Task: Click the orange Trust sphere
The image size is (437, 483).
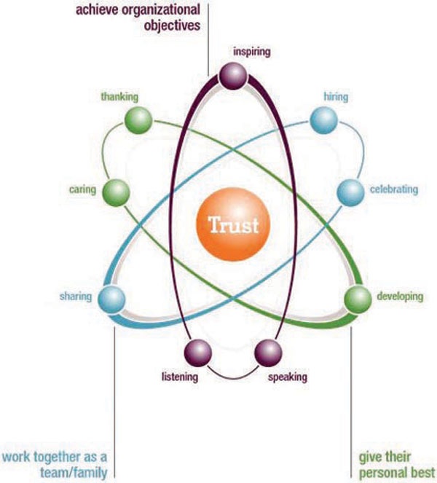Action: pos(233,224)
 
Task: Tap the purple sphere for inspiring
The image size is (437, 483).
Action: pos(235,76)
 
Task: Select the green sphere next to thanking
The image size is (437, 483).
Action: pos(138,120)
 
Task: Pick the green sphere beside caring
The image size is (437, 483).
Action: pos(115,192)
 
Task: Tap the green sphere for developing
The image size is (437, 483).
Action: pos(357,297)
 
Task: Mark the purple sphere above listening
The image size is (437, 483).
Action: pos(198,353)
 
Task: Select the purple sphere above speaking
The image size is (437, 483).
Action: pos(267,353)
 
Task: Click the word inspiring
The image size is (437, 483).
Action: pos(252,52)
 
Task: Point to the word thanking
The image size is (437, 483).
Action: pos(119,97)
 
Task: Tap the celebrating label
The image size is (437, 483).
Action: pos(393,190)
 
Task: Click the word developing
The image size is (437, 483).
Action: pos(400,297)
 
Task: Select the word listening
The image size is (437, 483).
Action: pos(179,377)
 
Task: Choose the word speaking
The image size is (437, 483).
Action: pos(288,377)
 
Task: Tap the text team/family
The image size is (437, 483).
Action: pos(74,472)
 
